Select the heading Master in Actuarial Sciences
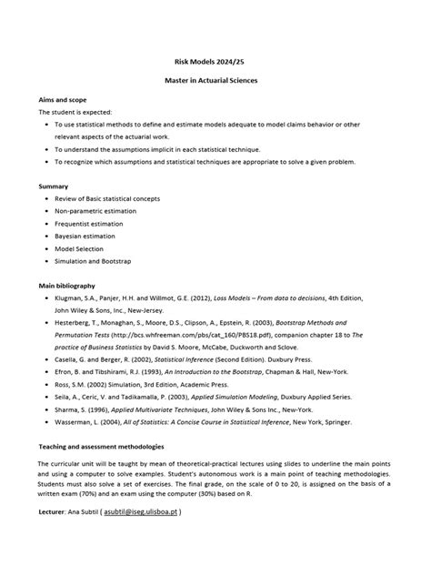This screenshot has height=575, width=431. [215, 81]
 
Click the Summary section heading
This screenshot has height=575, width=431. [53, 186]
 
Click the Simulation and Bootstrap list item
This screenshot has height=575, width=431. [94, 262]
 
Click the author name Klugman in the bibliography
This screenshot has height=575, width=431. [70, 298]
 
